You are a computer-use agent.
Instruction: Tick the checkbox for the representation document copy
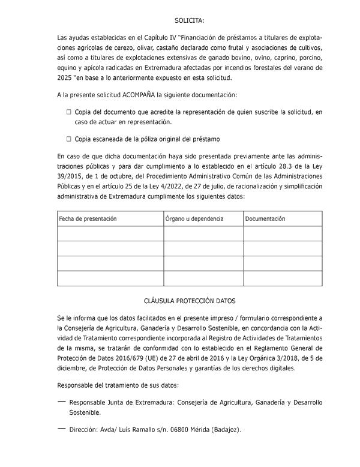pos(69,112)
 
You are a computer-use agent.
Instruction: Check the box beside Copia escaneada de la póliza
pos(69,139)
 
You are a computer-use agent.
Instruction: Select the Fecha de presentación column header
pos(88,218)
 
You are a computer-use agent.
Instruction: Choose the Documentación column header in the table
pos(265,218)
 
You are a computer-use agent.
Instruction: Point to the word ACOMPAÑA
pos(139,95)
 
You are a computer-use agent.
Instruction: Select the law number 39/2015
pos(71,176)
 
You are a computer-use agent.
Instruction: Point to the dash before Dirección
pos(61,429)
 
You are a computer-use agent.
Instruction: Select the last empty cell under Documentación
pos(283,279)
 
